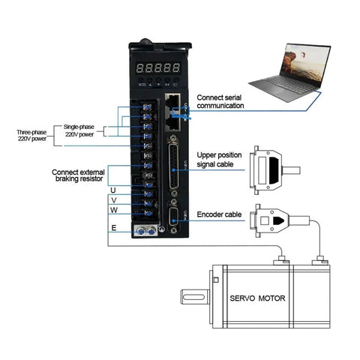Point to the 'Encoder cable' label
click(x=220, y=214)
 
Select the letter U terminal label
click(x=113, y=190)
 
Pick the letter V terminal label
click(x=113, y=200)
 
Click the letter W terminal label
click(x=113, y=211)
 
